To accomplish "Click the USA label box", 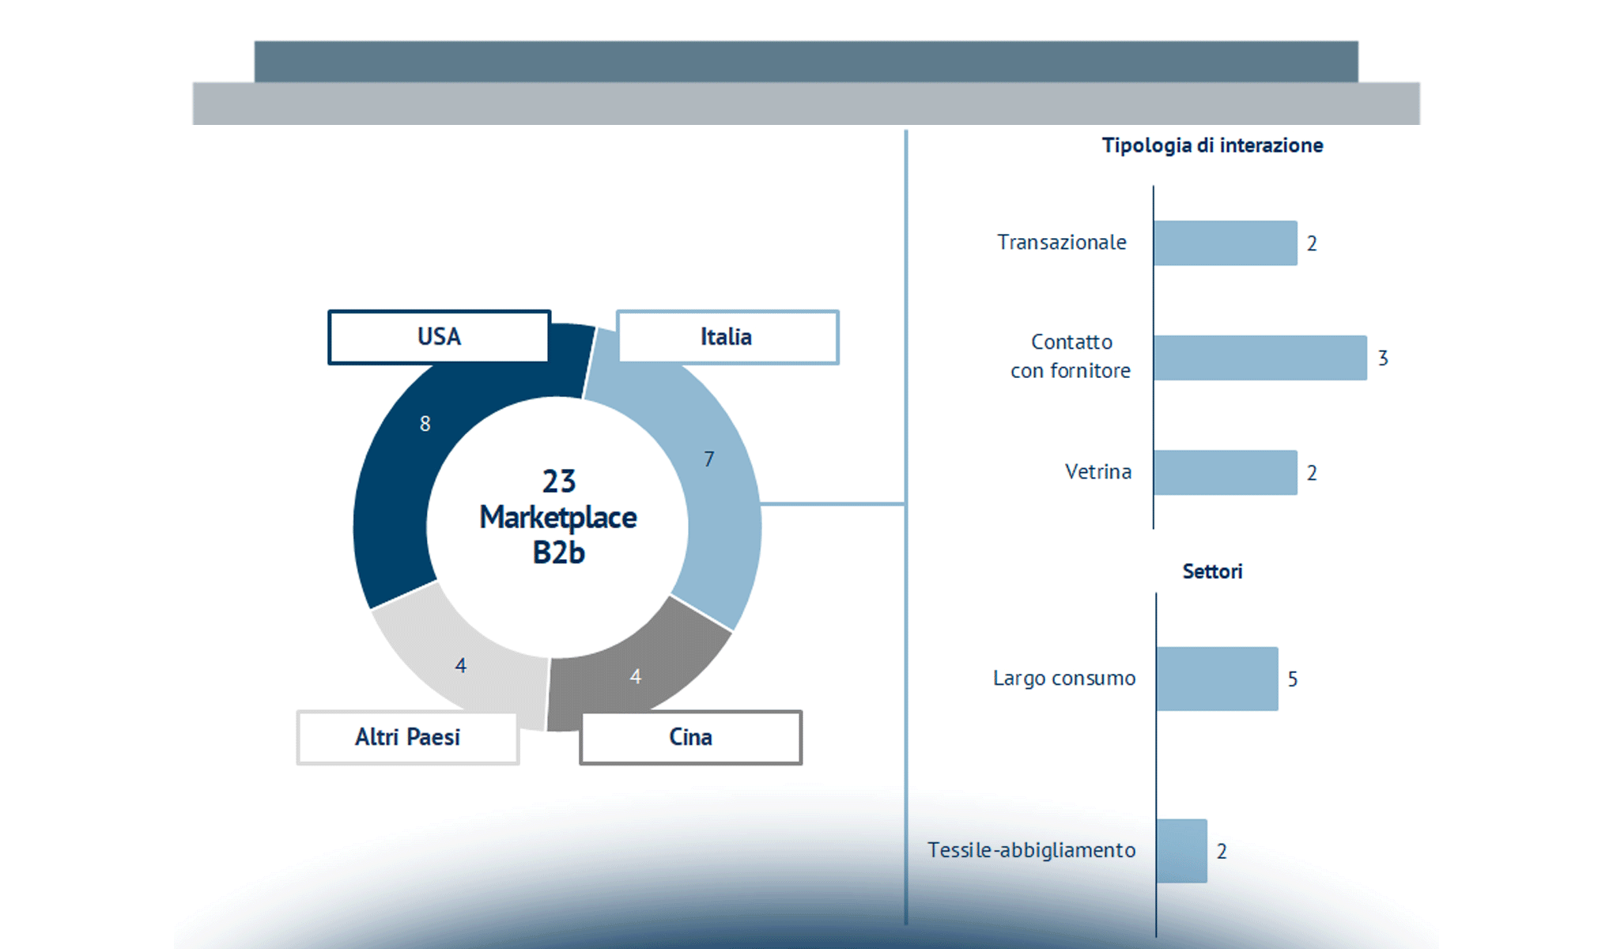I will (x=439, y=337).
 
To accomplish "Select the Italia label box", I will (x=727, y=337).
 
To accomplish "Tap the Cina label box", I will (x=690, y=737).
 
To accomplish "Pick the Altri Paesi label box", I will (x=407, y=737).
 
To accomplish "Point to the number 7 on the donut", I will (x=709, y=459).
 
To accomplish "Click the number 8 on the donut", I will (x=425, y=424).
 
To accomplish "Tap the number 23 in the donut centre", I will (x=559, y=482).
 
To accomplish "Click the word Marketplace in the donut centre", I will (x=558, y=517).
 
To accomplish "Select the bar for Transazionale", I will (x=1225, y=243).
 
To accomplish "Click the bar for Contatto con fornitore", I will (x=1260, y=357).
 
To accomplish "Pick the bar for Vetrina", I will (x=1225, y=472).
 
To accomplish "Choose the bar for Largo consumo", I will (x=1217, y=679).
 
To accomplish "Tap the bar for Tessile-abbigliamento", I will (x=1181, y=851).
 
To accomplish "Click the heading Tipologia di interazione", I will (x=1212, y=146).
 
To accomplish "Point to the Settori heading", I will (x=1212, y=572).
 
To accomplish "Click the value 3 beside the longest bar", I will (x=1383, y=358).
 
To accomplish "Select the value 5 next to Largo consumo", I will (x=1293, y=679).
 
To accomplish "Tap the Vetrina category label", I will (x=1097, y=472).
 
